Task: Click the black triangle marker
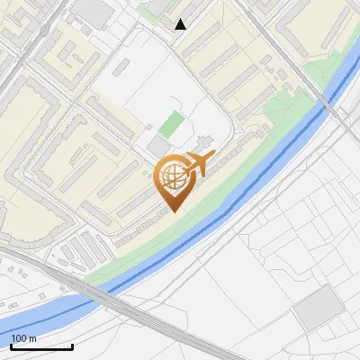[x=181, y=24]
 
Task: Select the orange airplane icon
[x=197, y=165]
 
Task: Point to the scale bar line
[x=41, y=346]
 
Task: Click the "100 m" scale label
[x=24, y=338]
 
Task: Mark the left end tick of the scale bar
[x=11, y=346]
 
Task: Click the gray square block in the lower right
[x=319, y=309]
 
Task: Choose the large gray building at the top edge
[x=94, y=11]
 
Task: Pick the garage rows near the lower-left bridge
[x=85, y=247]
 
